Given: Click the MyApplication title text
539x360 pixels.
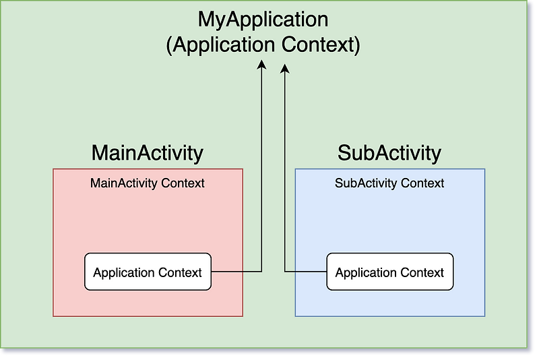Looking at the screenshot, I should pyautogui.click(x=263, y=19).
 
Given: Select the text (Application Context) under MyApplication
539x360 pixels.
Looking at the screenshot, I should pyautogui.click(x=263, y=45).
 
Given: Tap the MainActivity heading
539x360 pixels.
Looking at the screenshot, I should pyautogui.click(x=147, y=152).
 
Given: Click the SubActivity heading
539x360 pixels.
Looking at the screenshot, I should pyautogui.click(x=389, y=152).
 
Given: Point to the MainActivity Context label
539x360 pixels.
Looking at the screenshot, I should pyautogui.click(x=147, y=183).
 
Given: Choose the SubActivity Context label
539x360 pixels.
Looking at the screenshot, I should pyautogui.click(x=389, y=183).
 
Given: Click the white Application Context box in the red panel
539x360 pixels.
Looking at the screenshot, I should pyautogui.click(x=148, y=272).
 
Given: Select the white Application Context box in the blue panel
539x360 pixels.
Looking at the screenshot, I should pyautogui.click(x=389, y=272).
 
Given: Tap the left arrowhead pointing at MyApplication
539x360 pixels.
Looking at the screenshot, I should pyautogui.click(x=261, y=63).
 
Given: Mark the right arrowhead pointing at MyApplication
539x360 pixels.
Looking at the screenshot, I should pyautogui.click(x=285, y=68).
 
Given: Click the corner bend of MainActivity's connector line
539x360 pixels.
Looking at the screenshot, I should pyautogui.click(x=261, y=272).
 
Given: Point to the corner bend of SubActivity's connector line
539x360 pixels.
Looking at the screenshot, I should pyautogui.click(x=285, y=272).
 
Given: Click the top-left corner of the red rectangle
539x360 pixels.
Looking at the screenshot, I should pyautogui.click(x=53, y=169).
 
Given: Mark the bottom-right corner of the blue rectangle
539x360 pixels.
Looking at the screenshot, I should pyautogui.click(x=484, y=316).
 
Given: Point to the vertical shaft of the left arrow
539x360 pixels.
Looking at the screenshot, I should pyautogui.click(x=261, y=169).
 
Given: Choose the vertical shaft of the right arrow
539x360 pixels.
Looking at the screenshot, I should pyautogui.click(x=285, y=169).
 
